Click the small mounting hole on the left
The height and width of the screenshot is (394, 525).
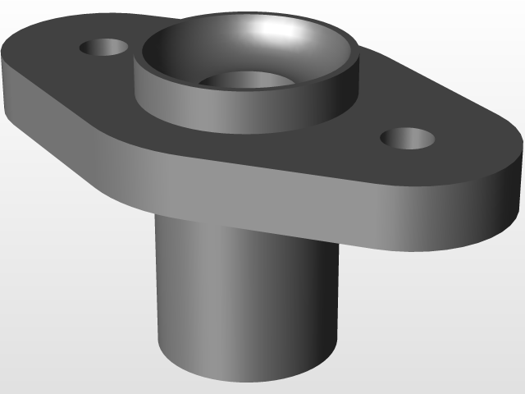(104, 47)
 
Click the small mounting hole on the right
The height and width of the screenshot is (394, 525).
(408, 139)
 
